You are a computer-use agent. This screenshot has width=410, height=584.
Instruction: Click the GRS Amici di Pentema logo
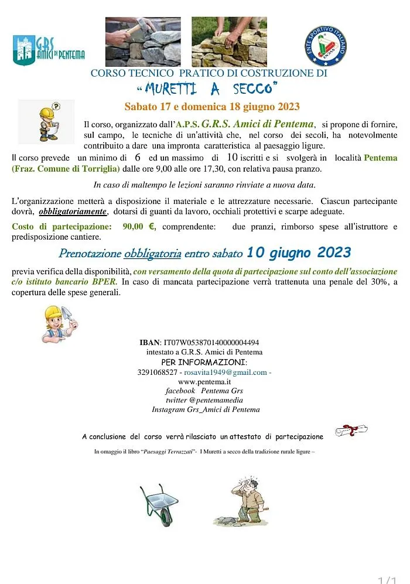click(49, 50)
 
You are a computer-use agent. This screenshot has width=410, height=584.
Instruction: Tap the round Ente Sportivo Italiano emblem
click(326, 45)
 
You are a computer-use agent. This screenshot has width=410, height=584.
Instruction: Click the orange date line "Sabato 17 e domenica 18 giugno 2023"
click(212, 107)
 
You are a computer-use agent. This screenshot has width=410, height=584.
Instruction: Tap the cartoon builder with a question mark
click(47, 122)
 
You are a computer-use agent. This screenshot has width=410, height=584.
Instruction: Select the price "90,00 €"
click(139, 227)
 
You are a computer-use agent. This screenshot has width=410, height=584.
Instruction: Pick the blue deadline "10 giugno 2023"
click(299, 253)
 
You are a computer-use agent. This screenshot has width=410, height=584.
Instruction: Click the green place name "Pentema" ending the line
click(380, 158)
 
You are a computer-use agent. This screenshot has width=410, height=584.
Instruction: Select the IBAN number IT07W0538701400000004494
click(211, 343)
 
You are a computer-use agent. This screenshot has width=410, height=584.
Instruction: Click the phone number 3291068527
click(157, 372)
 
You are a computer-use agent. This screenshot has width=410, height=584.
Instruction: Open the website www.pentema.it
click(204, 381)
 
